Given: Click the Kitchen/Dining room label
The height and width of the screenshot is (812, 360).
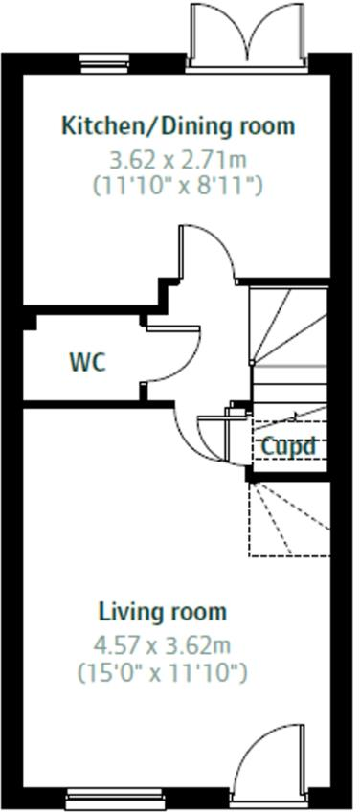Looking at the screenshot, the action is (178, 126).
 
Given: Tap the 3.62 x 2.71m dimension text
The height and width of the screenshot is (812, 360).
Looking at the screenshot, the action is (178, 160).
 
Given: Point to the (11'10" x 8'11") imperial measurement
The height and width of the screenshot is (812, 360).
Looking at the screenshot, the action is (178, 185).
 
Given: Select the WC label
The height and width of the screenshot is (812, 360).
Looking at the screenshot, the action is (87, 362).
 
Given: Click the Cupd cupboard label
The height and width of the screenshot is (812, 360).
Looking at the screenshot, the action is (288, 446).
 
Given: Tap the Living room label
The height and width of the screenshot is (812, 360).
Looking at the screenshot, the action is (163, 612).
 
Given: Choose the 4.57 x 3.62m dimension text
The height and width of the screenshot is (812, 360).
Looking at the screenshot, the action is (163, 645).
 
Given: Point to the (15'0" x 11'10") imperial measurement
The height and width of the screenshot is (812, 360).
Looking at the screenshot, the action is (163, 672).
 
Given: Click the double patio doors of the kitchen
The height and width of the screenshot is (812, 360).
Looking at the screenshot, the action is (248, 35).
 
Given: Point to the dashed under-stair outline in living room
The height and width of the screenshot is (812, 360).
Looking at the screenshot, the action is (289, 519).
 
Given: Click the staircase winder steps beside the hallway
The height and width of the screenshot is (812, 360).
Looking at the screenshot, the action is (288, 327).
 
